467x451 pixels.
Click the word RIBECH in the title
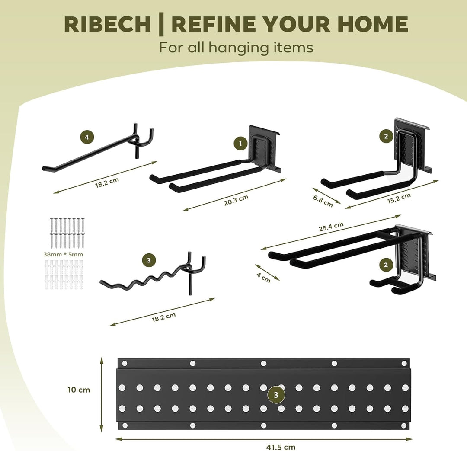(x=107, y=24)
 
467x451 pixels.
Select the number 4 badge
(x=86, y=137)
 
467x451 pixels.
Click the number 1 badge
(x=241, y=144)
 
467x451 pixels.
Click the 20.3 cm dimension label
(x=236, y=200)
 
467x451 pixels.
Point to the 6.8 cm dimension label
(x=323, y=201)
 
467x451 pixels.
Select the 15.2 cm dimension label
(x=399, y=198)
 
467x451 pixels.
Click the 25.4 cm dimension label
(x=331, y=227)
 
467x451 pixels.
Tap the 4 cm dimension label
(x=264, y=278)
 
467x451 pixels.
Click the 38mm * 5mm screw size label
(x=63, y=254)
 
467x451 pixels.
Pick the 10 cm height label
(x=79, y=390)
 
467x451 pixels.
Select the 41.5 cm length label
(x=281, y=447)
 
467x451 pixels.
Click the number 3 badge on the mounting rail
(x=276, y=395)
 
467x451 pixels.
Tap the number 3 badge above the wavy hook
(x=149, y=261)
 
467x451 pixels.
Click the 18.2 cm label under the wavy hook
(x=164, y=317)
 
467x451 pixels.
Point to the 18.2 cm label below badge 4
(x=107, y=182)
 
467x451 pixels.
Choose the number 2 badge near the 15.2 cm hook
(x=386, y=137)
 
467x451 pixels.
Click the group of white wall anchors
(x=64, y=274)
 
